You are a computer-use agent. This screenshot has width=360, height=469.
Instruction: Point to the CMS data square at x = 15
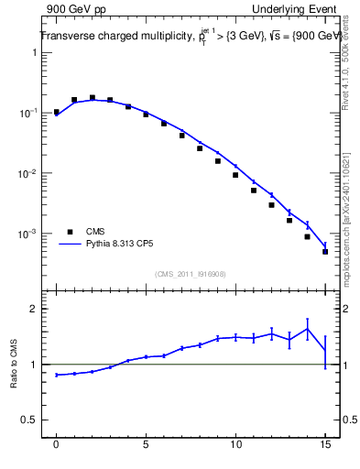325,251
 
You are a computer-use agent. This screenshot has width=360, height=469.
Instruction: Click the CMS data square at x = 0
57,112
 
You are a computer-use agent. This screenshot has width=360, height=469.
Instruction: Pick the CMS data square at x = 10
235,175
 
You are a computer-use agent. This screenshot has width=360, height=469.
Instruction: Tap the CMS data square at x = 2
93,97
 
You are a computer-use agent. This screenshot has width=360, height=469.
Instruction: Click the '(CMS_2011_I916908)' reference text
191,274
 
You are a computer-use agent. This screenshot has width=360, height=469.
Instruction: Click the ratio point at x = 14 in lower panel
307,329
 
